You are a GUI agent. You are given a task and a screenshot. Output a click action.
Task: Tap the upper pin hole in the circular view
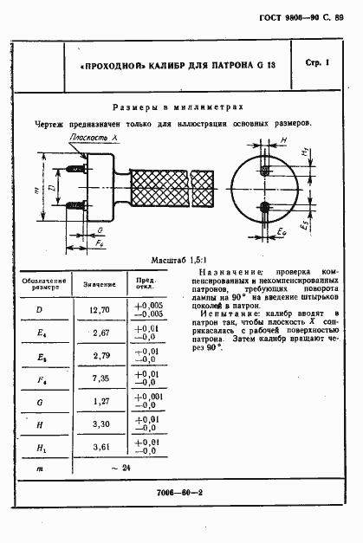tap(264, 171)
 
